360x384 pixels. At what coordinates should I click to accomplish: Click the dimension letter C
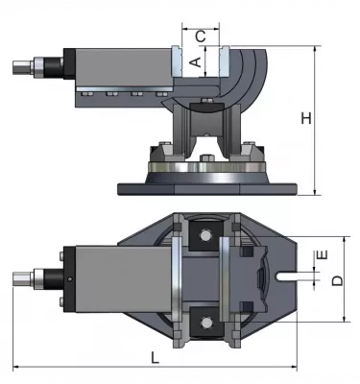(200, 36)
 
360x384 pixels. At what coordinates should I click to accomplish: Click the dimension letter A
(193, 60)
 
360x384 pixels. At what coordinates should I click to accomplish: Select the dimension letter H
(305, 118)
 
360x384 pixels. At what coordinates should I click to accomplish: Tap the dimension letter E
(323, 255)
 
